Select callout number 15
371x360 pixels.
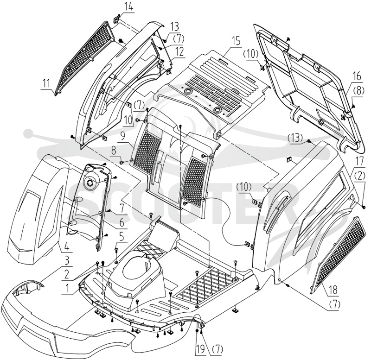pyautogui.click(x=236, y=41)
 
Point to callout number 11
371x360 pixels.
pyautogui.click(x=46, y=83)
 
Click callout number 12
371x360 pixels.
pyautogui.click(x=179, y=52)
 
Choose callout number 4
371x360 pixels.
pyautogui.click(x=67, y=248)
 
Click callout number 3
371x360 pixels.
pyautogui.click(x=67, y=261)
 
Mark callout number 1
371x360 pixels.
pyautogui.click(x=67, y=288)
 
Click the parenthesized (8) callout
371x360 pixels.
pyautogui.click(x=358, y=91)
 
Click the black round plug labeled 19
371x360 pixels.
pyautogui.click(x=197, y=331)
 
